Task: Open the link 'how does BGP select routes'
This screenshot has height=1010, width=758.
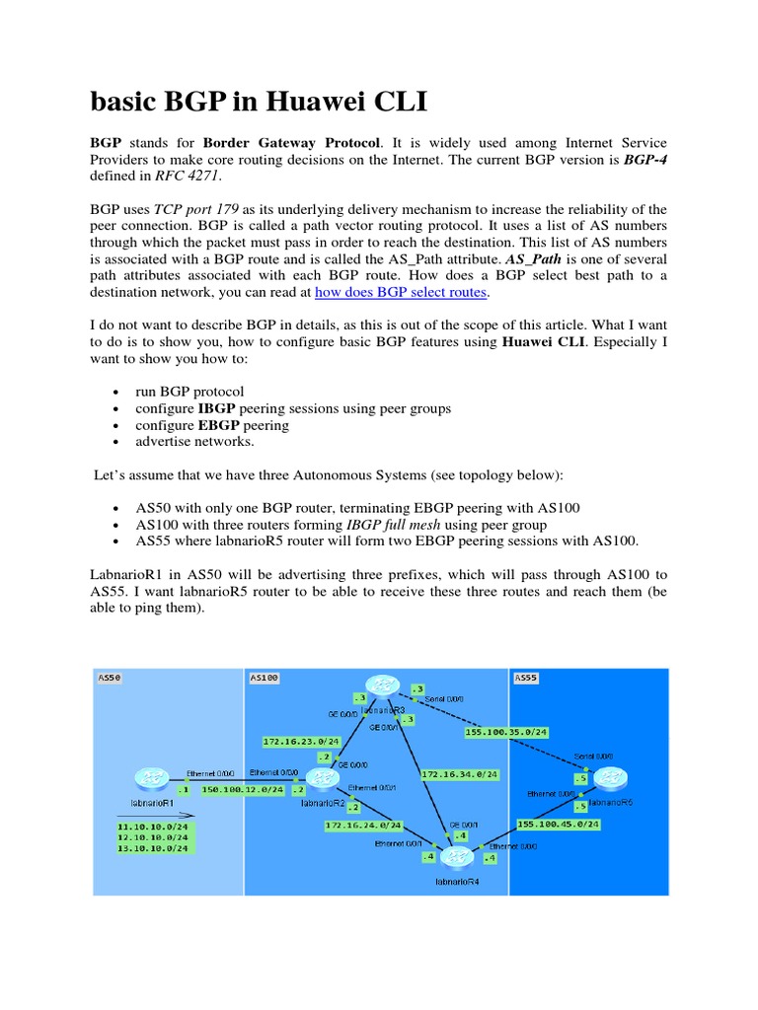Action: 402,293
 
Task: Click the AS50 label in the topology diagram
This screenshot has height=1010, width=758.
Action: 109,678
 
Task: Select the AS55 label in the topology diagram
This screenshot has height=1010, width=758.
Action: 525,678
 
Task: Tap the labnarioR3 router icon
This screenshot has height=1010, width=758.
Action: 380,686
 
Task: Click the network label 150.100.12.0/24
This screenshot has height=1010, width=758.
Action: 243,789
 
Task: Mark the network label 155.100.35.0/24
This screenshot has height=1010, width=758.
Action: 505,732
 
